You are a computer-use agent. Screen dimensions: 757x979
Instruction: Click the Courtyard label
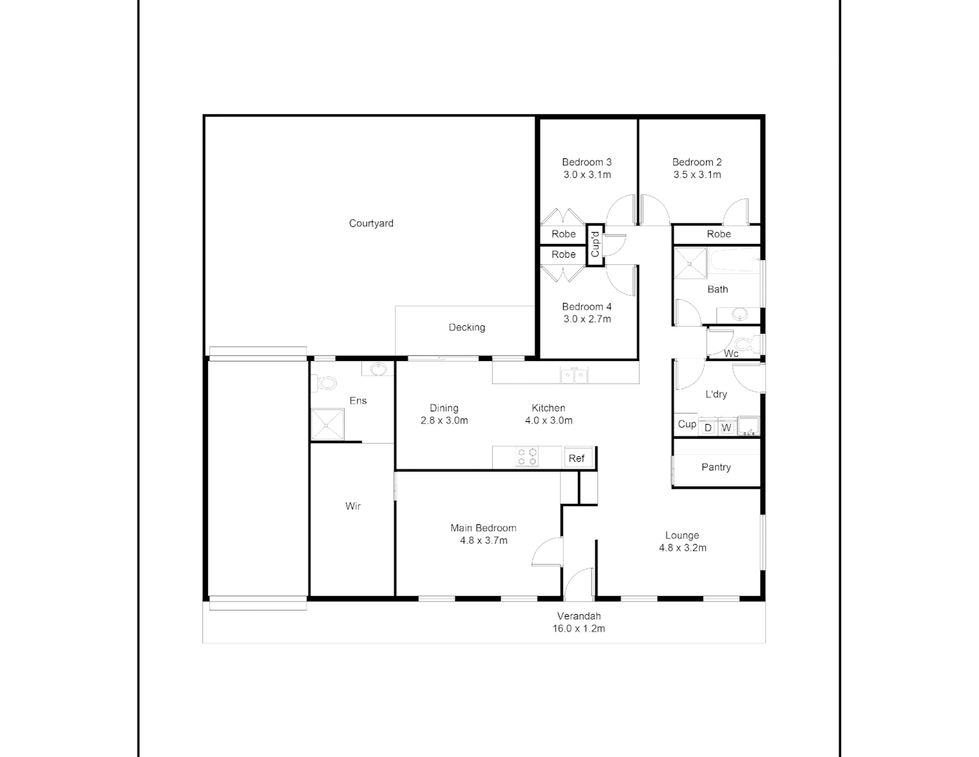[371, 224]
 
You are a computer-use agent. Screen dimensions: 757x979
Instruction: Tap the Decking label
[466, 327]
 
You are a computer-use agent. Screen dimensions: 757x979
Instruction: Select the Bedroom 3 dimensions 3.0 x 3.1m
[587, 175]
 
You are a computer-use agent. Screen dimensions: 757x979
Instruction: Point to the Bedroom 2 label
[697, 162]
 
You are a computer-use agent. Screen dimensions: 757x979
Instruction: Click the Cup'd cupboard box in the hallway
[595, 245]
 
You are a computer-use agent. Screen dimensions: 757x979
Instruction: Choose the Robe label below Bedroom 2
[718, 234]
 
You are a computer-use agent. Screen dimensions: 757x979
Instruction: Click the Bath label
[718, 289]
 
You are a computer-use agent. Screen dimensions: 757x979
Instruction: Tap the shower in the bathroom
[690, 264]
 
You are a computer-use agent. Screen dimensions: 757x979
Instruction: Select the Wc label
[731, 353]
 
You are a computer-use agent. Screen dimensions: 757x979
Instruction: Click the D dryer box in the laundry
[708, 428]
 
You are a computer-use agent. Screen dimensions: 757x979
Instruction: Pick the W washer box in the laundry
[726, 428]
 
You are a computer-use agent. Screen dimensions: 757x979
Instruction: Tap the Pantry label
[716, 468]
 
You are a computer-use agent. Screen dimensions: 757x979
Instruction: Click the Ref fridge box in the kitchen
[577, 458]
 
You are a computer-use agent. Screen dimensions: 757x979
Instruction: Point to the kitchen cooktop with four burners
[527, 457]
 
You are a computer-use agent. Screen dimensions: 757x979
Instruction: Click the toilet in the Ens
[326, 383]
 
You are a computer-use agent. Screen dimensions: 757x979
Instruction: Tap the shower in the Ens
[328, 423]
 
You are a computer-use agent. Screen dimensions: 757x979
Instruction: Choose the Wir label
[353, 506]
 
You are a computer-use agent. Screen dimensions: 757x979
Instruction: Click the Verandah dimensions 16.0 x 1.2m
[578, 629]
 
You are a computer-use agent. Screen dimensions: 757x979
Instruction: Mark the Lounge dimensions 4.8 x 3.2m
[682, 548]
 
